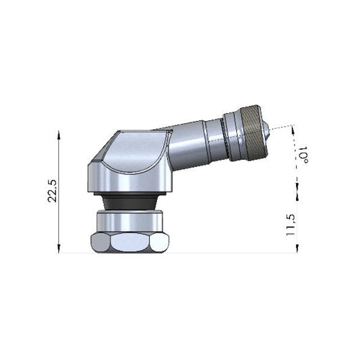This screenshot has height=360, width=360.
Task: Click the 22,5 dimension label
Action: coord(53,191)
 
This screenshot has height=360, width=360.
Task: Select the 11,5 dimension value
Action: coord(290,225)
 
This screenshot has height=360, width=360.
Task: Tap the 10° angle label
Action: coord(302,155)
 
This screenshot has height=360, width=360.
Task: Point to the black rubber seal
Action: coord(130,201)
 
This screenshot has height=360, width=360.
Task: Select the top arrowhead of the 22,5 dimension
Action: coord(58,135)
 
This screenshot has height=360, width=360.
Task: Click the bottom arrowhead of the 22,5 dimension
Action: coord(58,248)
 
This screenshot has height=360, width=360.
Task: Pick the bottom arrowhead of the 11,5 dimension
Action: coord(297,248)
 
